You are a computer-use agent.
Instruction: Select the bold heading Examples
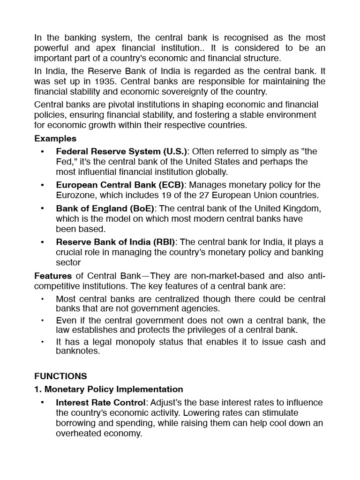pyautogui.click(x=55, y=139)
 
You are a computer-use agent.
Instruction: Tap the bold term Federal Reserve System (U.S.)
pyautogui.click(x=121, y=151)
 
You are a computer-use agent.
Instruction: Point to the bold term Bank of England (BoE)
pyautogui.click(x=105, y=208)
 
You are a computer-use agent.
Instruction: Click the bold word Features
pyautogui.click(x=53, y=276)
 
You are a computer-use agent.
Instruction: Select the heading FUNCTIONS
pyautogui.click(x=60, y=376)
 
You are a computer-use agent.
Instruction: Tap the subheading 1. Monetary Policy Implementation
pyautogui.click(x=109, y=389)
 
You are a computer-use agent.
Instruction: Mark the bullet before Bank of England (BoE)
pyautogui.click(x=43, y=208)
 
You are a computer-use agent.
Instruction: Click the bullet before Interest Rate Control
pyautogui.click(x=43, y=403)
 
